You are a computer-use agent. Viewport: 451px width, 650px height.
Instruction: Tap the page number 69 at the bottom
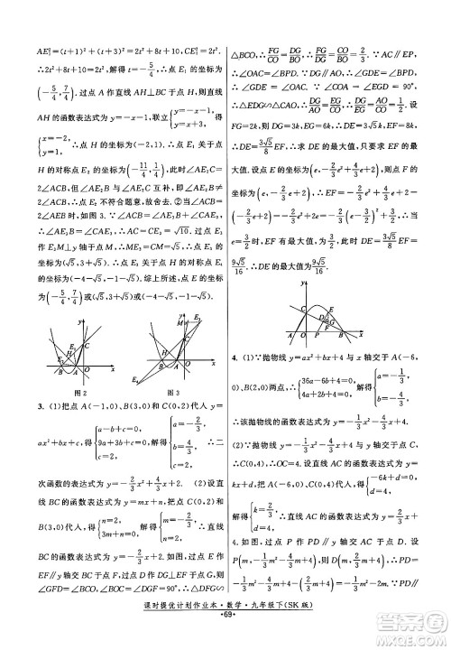(x=225, y=625)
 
